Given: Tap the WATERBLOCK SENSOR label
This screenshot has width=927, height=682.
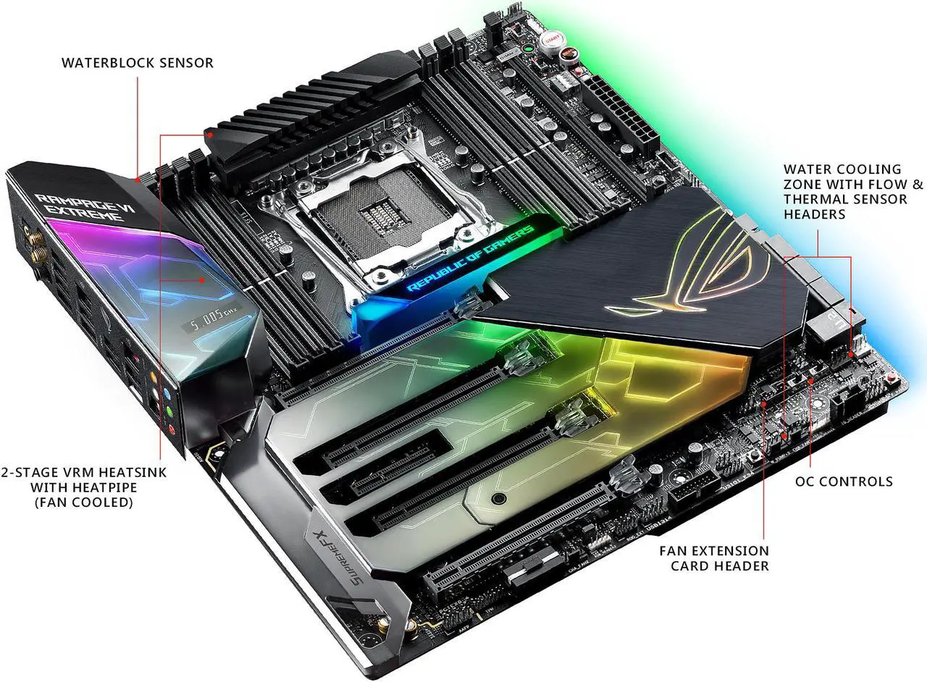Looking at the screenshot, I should [137, 63].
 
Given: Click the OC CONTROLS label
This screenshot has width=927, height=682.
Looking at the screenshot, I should [844, 481].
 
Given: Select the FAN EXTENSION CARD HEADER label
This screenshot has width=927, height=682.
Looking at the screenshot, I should [713, 558].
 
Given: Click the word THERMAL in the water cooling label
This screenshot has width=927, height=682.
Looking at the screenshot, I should [818, 199].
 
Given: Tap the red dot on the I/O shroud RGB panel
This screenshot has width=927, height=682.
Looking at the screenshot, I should [203, 279].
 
